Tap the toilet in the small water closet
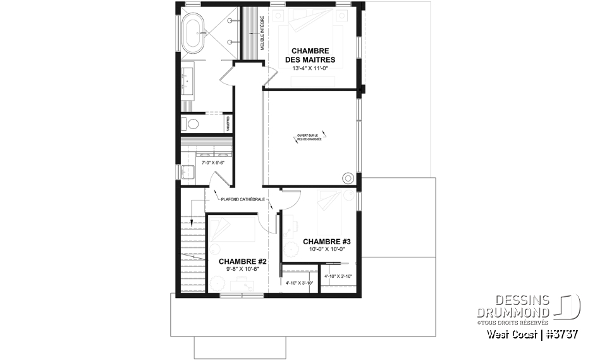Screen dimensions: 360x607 [192, 123]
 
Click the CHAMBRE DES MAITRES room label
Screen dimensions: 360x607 [310, 55]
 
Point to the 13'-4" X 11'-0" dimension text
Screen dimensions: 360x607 [310, 69]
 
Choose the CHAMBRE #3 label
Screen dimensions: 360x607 [327, 242]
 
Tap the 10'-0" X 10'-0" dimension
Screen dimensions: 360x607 [327, 250]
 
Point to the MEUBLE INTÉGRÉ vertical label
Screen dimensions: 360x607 [262, 35]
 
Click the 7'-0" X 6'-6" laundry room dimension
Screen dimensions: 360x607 [213, 163]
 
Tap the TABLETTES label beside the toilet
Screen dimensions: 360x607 [228, 123]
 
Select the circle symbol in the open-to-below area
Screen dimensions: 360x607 [347, 178]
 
